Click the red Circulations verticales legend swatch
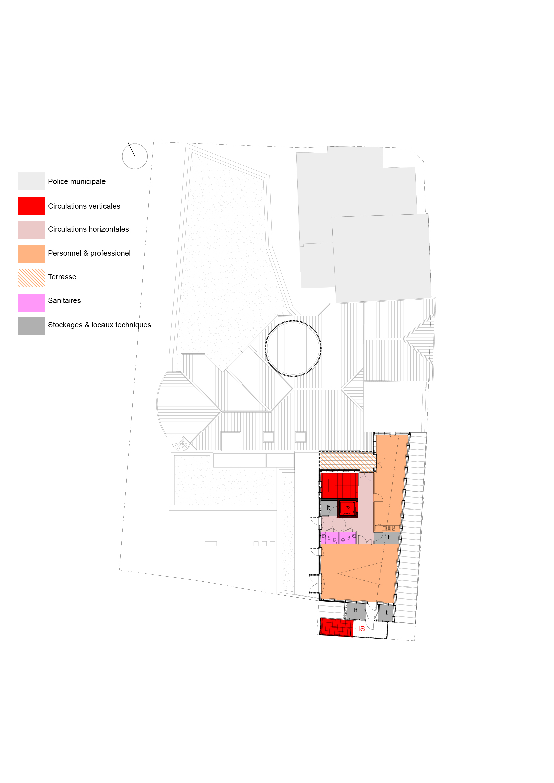point(31,206)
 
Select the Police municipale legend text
point(77,181)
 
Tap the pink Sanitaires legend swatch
point(31,303)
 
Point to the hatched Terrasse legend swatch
point(31,278)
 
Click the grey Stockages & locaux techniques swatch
point(31,326)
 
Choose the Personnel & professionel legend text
point(89,253)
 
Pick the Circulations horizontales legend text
point(88,229)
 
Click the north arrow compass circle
point(135,156)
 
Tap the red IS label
point(362,629)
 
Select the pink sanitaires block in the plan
point(339,538)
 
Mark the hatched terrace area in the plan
point(348,462)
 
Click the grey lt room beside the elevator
point(329,508)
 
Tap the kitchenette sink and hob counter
point(387,528)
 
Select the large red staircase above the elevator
point(340,486)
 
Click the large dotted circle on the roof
point(293,348)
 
